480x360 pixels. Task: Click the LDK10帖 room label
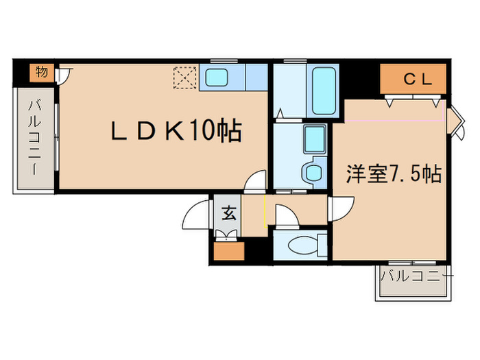[x=176, y=130]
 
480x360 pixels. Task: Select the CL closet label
[x=417, y=80]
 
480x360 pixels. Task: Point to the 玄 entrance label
[x=228, y=213]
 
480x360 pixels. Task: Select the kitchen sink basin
[x=221, y=77]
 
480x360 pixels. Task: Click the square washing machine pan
[x=315, y=140]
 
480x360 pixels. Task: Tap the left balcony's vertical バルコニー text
[x=34, y=137]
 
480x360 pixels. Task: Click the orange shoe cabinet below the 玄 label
[x=227, y=249]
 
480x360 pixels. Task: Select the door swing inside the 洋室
[x=341, y=206]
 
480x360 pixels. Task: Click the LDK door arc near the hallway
[x=256, y=181]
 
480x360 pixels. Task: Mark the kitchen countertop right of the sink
[x=256, y=77]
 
